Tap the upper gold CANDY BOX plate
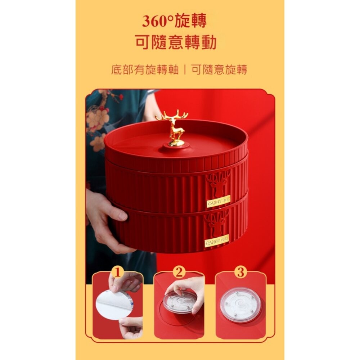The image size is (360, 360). pos(218,201)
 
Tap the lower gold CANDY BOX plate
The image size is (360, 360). pos(217,240)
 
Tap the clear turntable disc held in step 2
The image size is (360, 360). pos(180,302)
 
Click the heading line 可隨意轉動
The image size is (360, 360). pos(176,43)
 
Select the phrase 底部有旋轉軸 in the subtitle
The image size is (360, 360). pos(145,69)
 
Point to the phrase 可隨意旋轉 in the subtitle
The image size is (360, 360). pos(219,69)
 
